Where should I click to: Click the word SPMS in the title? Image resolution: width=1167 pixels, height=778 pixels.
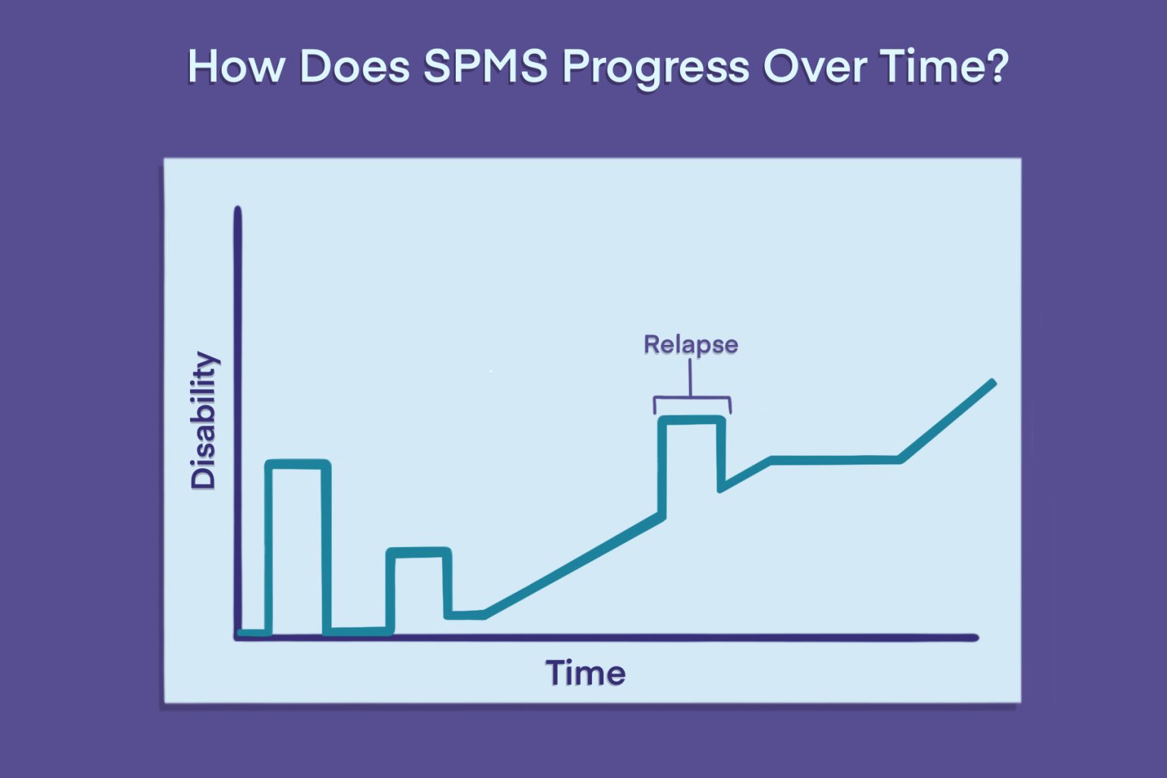coord(485,67)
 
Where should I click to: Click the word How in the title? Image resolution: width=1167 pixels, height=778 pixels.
coord(236,67)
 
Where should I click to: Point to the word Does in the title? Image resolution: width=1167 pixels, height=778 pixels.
coord(354,67)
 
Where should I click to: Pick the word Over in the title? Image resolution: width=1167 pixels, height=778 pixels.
coord(813,67)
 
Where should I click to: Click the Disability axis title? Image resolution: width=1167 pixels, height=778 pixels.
coord(204,419)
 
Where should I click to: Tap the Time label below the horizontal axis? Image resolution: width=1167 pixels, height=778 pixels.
coord(585,673)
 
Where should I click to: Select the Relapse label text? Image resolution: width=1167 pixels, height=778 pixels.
coord(691,344)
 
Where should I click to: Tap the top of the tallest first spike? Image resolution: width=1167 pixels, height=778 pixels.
coord(298,464)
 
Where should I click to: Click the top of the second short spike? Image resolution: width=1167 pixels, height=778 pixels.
coord(419,552)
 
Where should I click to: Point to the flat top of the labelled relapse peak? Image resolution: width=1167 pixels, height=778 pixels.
coord(691,420)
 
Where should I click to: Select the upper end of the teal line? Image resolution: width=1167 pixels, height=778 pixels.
coord(991,382)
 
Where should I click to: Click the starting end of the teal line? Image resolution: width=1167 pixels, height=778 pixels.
coord(241,632)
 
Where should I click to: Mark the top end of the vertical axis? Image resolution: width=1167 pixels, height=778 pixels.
coord(238,210)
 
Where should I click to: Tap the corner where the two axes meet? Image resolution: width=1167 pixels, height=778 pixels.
coord(239,637)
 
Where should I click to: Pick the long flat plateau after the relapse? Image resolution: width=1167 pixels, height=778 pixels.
coord(836,460)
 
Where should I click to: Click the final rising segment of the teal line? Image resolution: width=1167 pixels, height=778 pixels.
coord(947,420)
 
